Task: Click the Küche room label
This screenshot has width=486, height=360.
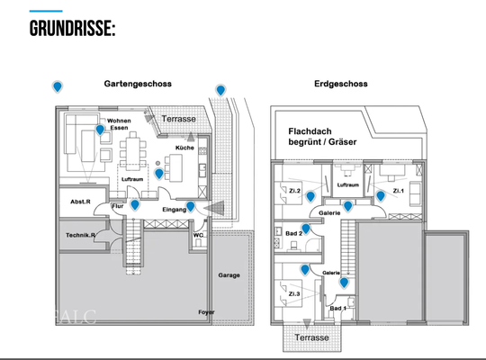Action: pos(184,148)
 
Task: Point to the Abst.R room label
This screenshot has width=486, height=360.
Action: pos(80,202)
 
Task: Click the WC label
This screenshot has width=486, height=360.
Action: pos(199,236)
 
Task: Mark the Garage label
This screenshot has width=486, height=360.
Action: pos(229,274)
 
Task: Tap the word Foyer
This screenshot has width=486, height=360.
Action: pos(207,312)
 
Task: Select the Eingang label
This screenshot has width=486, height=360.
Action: pos(175,209)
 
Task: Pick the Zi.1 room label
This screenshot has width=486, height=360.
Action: pos(400,190)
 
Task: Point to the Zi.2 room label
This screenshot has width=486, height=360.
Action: pos(294,190)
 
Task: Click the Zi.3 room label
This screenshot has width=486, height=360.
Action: pos(293,292)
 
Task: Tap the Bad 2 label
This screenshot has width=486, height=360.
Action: pos(292,233)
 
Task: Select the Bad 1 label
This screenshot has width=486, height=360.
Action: pos(337,308)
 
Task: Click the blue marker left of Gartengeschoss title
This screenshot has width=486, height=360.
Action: pos(58,85)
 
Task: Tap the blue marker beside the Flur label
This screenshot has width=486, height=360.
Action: pos(134,204)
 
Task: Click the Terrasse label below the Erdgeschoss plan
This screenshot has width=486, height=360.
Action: pos(310,337)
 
